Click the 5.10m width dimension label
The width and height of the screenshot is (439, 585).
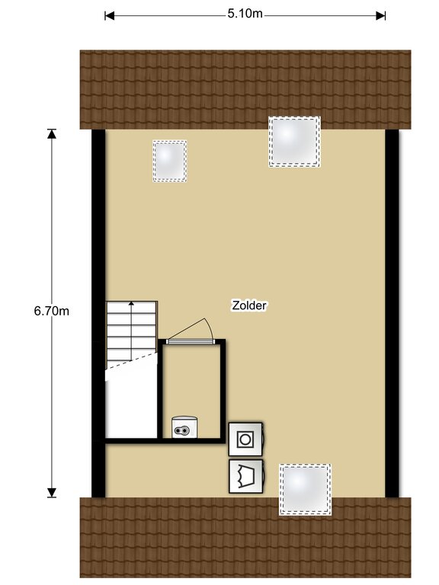pos(245,14)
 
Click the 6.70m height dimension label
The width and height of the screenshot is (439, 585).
pos(52,311)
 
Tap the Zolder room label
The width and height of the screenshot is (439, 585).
pos(249,305)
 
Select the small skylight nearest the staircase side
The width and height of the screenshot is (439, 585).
pos(169,161)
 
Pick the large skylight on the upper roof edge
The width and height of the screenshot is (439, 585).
pos(294,142)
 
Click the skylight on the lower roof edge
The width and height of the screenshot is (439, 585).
pos(305,490)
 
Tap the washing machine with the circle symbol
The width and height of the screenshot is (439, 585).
pos(245,439)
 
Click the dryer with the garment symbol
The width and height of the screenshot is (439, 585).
pos(246,476)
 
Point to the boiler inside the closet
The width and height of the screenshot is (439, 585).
pos(184,427)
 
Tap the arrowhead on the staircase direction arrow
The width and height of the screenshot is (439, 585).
pos(131,303)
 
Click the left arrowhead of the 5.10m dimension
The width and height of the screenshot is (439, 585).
pos(109,16)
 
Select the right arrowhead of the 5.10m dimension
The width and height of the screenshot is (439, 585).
pos(381,16)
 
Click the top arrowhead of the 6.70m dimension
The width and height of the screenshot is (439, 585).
pos(52,134)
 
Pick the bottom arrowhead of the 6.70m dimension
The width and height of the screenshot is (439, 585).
pos(52,493)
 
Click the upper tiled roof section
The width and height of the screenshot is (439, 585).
pos(245,90)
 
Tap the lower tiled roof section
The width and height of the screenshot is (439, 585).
pos(245,537)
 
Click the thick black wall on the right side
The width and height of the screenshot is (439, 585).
pos(392,313)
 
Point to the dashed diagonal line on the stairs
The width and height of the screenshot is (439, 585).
pos(131,361)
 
